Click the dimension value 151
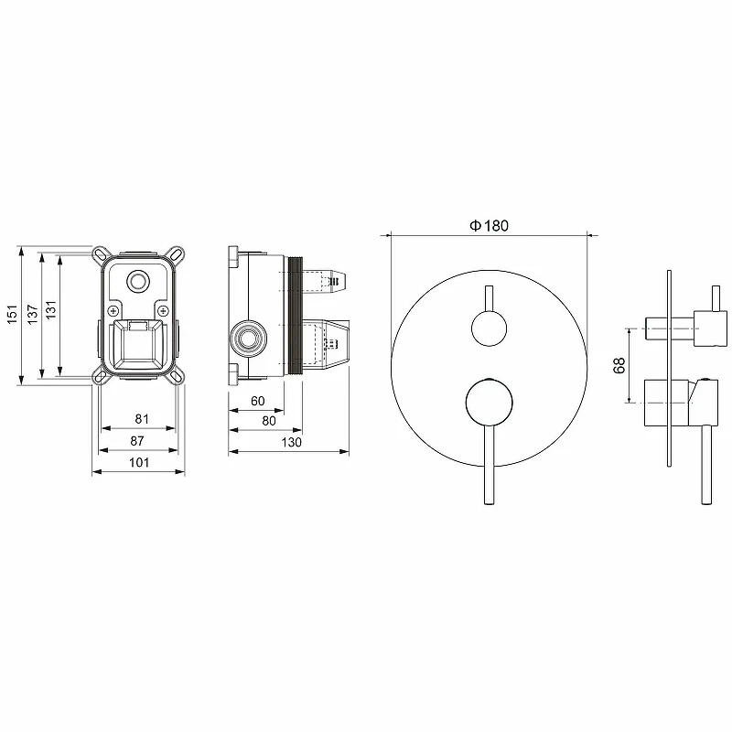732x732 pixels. [x=13, y=314]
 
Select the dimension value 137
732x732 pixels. [x=32, y=314]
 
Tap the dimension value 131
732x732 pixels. [x=51, y=309]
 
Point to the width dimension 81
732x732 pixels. [x=142, y=419]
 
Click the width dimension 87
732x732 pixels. [x=137, y=441]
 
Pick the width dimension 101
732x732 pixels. [x=139, y=462]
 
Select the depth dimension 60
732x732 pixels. [x=258, y=401]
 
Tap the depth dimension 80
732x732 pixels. [x=269, y=421]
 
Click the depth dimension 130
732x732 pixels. [x=291, y=442]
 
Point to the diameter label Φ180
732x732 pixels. [x=489, y=226]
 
